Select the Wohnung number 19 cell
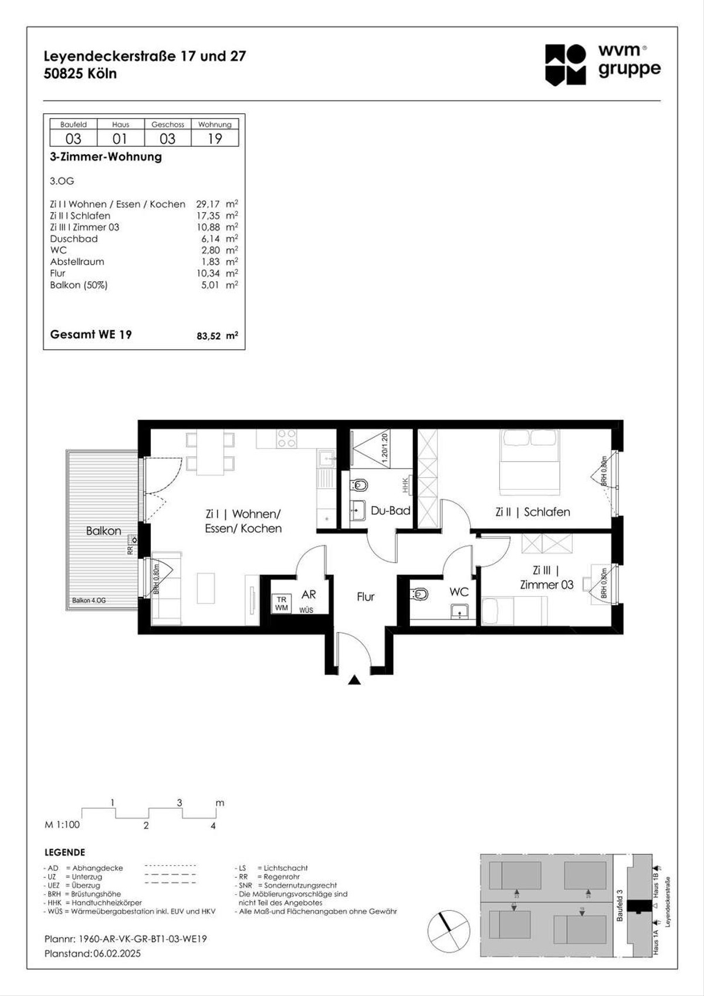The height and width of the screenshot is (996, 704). pyautogui.click(x=215, y=139)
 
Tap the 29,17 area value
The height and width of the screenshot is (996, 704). pyautogui.click(x=208, y=204)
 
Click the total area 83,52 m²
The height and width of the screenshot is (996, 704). pyautogui.click(x=216, y=336)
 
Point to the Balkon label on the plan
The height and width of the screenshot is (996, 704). pyautogui.click(x=103, y=531)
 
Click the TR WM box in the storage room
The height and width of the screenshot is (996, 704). pyautogui.click(x=282, y=603)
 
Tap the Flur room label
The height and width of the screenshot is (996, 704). pyautogui.click(x=365, y=596)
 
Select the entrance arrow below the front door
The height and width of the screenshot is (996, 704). pyautogui.click(x=354, y=680)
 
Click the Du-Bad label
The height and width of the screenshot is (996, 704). pyautogui.click(x=390, y=511)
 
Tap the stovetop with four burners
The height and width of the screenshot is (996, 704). pyautogui.click(x=286, y=438)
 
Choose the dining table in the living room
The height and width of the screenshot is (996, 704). pyautogui.click(x=210, y=453)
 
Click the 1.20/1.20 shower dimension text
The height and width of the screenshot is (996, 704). pyautogui.click(x=385, y=449)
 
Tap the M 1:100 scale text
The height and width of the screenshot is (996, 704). pyautogui.click(x=62, y=825)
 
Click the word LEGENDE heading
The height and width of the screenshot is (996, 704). pyautogui.click(x=65, y=852)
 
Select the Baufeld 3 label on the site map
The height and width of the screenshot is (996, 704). pyautogui.click(x=620, y=904)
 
